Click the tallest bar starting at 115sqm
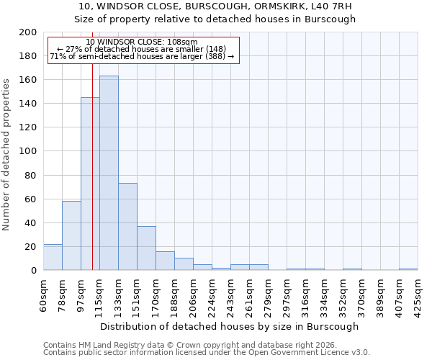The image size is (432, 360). tap(109, 173)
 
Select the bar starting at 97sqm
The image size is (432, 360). tap(90, 184)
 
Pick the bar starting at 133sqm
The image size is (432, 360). tap(127, 227)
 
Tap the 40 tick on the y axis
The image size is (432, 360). tap(31, 222)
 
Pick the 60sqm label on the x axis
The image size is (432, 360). tap(43, 291)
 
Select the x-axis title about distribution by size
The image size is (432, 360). tap(230, 326)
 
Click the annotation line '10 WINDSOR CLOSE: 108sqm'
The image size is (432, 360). tap(141, 42)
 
